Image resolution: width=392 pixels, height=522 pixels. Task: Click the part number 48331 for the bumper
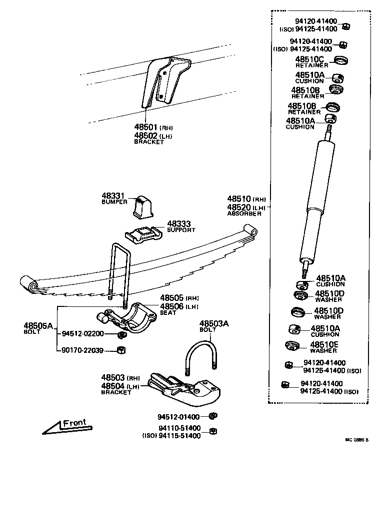[x=112, y=196]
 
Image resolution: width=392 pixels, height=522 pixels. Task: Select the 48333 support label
[x=178, y=225]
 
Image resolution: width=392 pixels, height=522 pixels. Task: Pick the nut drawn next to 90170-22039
[x=120, y=350]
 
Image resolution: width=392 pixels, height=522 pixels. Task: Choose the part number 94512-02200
[x=82, y=334]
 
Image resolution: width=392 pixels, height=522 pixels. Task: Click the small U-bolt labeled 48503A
[x=201, y=356]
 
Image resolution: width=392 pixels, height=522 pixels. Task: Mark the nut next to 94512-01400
[x=212, y=416]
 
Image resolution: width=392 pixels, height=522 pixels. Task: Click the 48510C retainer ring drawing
[x=340, y=61]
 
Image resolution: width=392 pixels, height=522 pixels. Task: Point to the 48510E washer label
[x=324, y=345]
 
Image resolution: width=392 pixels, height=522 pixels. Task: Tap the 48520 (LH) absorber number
[x=239, y=207]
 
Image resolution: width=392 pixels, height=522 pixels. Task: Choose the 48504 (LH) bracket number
[x=112, y=386]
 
